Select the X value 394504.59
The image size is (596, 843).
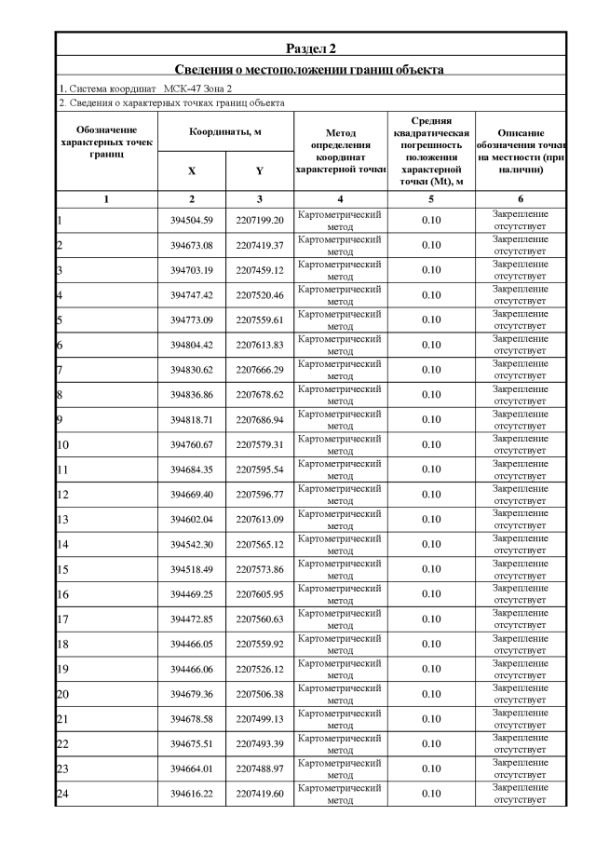coord(192,221)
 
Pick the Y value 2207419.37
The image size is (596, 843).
coord(259,245)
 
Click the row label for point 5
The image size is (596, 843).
coord(60,320)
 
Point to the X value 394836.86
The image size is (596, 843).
coord(192,395)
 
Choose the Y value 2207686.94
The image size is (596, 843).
coord(259,420)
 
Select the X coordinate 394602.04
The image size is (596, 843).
coord(192,520)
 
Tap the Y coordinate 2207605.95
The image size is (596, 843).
coord(259,594)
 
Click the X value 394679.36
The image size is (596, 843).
coord(192,694)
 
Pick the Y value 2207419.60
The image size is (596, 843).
coord(259,794)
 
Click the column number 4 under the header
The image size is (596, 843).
coord(340,199)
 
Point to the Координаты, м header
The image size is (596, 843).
coord(225,133)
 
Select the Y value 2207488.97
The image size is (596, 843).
coord(259,768)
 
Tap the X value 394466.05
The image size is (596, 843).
coord(192,644)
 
